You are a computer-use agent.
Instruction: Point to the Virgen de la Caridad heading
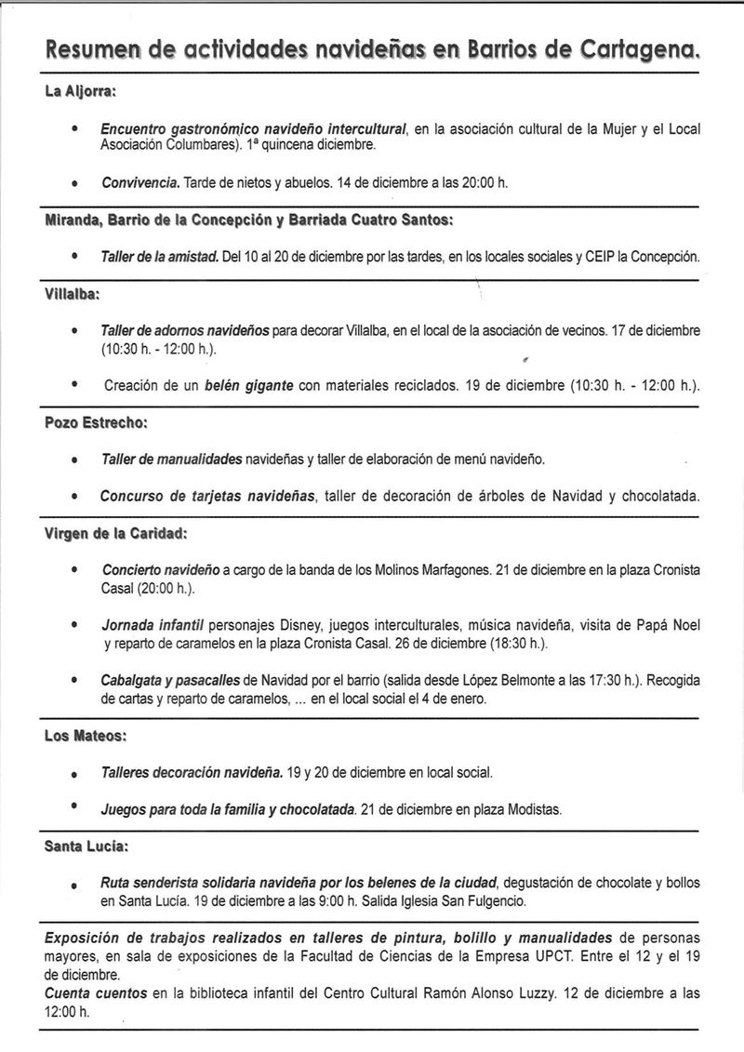(116, 535)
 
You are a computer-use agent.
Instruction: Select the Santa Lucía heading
(86, 847)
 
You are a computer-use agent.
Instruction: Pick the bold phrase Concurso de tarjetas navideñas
(206, 497)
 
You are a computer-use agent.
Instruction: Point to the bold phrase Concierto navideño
(160, 569)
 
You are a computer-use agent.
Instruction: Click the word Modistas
(534, 810)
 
